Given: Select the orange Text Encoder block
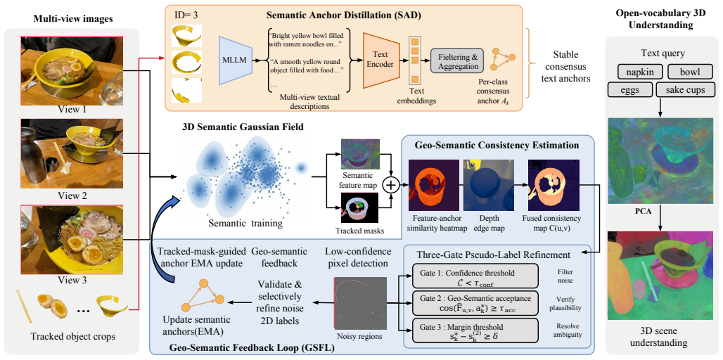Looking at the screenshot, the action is coord(381,60).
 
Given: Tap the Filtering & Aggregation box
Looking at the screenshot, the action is coord(457,60).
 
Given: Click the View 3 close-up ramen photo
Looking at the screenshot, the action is coord(72,240).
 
